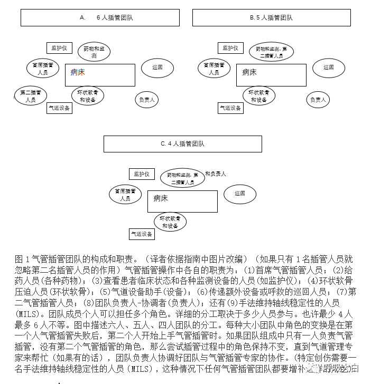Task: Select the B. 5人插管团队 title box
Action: pos(271,17)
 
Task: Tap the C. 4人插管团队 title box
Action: pos(182,143)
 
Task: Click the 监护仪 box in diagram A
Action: pos(59,48)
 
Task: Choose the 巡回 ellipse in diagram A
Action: pos(157,68)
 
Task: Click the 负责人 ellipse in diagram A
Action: pos(146,99)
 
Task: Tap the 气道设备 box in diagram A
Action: pos(59,108)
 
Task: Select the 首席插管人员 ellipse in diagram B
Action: pos(214,69)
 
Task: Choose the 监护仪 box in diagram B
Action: pos(230,48)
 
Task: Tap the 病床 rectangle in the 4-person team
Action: pos(182,201)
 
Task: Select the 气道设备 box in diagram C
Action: pos(142,234)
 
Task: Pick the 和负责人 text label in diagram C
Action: pos(216,174)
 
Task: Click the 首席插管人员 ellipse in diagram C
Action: pos(125,194)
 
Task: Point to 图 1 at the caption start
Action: pos(22,259)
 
